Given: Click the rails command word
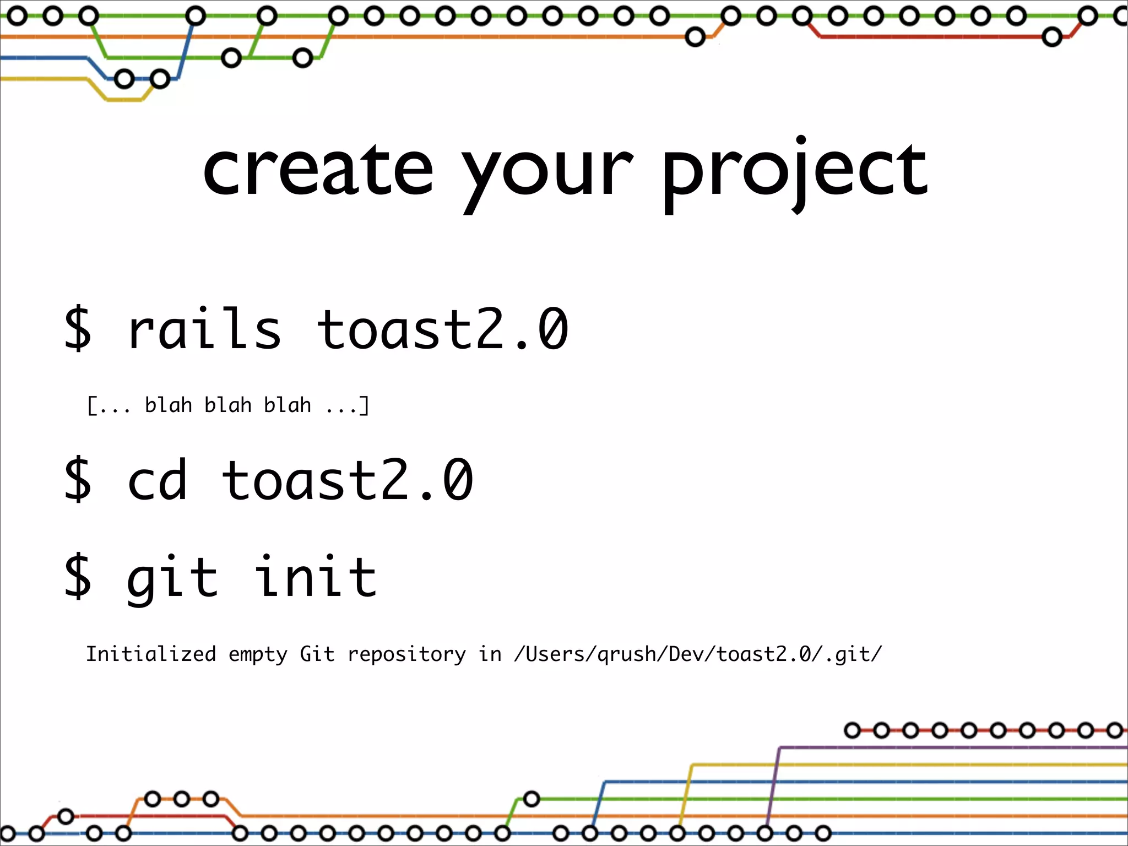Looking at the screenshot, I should pos(204,329).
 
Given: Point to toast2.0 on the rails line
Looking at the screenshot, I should pos(442,329).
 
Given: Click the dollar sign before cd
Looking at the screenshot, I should pos(78,480).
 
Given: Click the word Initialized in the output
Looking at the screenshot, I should pos(151,654).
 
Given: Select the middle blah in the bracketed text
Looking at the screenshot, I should pos(227,405).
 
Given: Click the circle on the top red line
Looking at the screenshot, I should pos(1052,37).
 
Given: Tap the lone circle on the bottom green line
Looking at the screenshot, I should pos(531,799).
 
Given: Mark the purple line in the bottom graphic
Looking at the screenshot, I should pos(936,747).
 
